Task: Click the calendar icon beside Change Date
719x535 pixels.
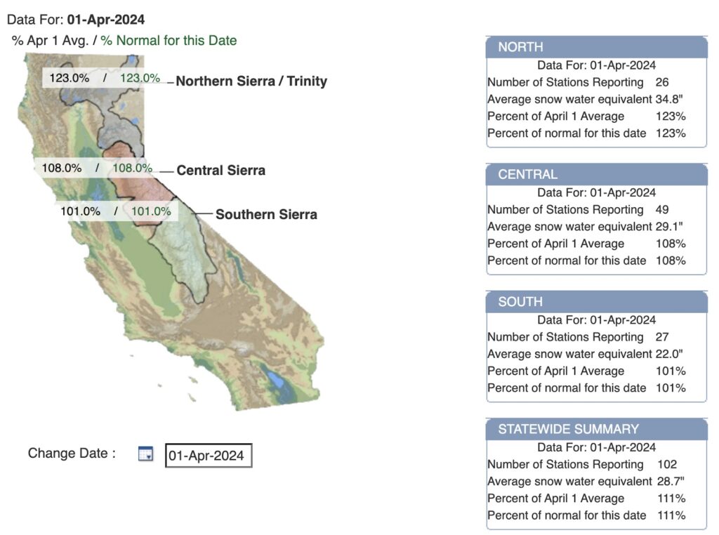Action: (145, 454)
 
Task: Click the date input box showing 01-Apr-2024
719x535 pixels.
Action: (208, 456)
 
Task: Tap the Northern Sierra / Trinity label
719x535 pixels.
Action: (251, 81)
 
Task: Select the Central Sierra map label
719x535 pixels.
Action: (220, 171)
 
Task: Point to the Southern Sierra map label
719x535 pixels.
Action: (266, 215)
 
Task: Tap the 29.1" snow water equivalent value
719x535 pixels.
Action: (670, 227)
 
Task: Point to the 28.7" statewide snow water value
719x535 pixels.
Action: (671, 481)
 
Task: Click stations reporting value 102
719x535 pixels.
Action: (667, 464)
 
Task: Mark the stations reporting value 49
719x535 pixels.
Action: (661, 209)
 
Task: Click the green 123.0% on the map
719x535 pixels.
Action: (140, 78)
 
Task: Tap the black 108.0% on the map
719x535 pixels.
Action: (62, 169)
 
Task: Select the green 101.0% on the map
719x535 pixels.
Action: (151, 211)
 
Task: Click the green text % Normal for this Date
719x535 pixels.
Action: (169, 41)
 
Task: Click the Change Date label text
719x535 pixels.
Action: (72, 454)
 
